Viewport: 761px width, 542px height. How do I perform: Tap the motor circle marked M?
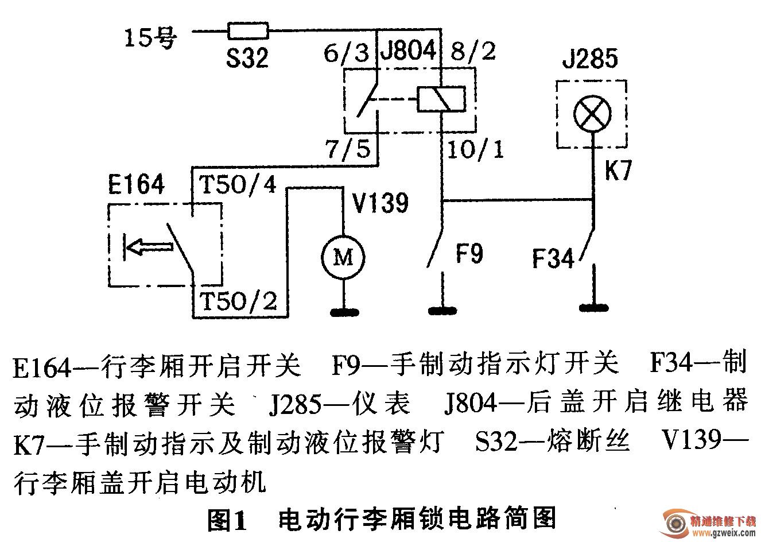(343, 259)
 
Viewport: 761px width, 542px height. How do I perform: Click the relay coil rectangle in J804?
(441, 99)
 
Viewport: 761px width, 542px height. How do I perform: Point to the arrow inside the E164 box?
(148, 246)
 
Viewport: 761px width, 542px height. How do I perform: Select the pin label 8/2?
(473, 53)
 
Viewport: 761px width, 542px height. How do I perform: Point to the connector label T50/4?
(237, 185)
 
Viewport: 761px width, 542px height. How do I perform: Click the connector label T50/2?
(237, 300)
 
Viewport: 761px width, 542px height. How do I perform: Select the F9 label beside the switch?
(468, 253)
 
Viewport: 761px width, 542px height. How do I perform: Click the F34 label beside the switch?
(553, 259)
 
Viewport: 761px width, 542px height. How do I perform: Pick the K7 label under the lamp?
(618, 172)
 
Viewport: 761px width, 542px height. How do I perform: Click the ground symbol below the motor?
(343, 312)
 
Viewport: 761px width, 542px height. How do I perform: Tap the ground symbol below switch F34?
(592, 307)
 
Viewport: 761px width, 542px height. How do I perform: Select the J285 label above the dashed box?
(590, 59)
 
